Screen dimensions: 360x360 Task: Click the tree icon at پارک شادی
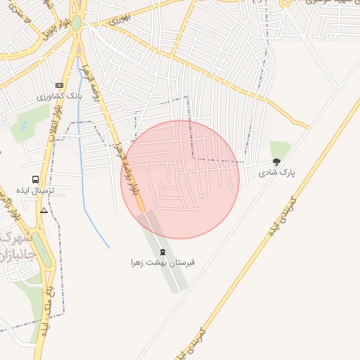pyautogui.click(x=276, y=162)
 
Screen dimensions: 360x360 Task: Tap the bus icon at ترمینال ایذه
pyautogui.click(x=35, y=179)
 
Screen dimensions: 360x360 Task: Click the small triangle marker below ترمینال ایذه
pyautogui.click(x=44, y=210)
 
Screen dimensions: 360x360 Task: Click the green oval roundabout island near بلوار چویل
pyautogui.click(x=75, y=22)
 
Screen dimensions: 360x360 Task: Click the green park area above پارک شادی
pyautogui.click(x=279, y=149)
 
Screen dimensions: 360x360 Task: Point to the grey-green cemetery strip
pyautogui.click(x=169, y=260)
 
